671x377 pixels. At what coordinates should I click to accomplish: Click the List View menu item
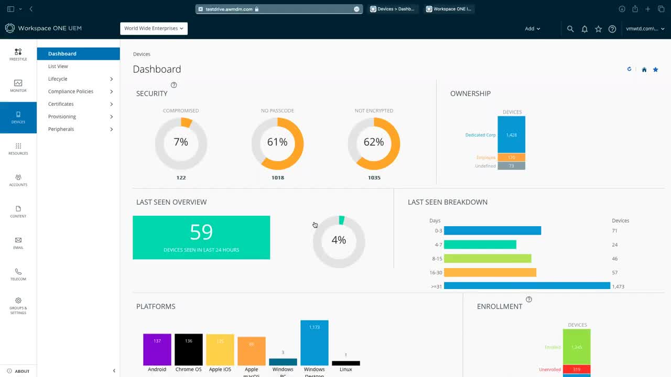tap(58, 66)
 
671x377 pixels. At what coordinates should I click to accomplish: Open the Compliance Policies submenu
tap(71, 92)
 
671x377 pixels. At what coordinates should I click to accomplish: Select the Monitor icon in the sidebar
tap(18, 85)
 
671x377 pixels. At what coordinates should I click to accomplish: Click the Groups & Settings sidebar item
tap(18, 306)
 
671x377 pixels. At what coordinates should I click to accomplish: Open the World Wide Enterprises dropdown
tap(154, 29)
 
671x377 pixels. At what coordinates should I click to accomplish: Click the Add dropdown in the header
tap(532, 29)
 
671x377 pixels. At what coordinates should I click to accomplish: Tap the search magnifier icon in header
tap(570, 29)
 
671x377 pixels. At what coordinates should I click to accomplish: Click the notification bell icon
tap(585, 29)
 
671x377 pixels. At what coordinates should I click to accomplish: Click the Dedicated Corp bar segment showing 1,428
tap(511, 135)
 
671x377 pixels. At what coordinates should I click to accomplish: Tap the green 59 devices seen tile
tap(201, 237)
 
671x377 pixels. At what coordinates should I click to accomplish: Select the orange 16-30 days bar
tap(490, 272)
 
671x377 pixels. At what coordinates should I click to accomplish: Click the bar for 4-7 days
tap(480, 245)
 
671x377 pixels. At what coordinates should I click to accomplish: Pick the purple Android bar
tap(157, 349)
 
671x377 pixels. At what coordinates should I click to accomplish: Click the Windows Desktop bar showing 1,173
tap(315, 342)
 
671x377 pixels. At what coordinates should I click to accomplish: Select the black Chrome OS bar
tap(189, 349)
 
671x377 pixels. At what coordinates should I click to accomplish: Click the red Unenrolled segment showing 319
tap(577, 369)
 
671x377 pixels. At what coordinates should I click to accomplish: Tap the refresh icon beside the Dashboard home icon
tap(629, 69)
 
